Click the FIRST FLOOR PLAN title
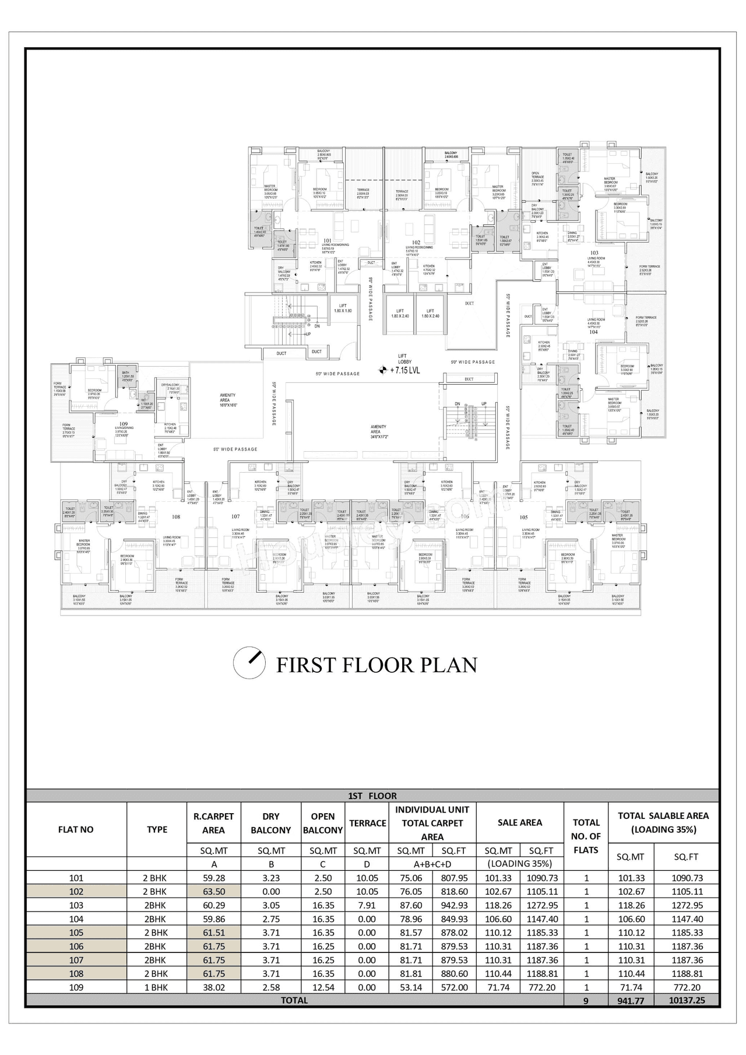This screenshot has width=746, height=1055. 376,665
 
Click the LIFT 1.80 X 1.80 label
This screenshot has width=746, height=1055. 343,308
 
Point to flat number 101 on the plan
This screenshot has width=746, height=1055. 328,240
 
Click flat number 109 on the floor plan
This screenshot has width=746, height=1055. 124,424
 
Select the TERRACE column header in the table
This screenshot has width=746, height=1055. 367,822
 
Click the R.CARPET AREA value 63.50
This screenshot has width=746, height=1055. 213,891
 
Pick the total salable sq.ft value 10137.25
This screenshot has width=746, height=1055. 687,1000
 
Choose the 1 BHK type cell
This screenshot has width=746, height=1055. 156,987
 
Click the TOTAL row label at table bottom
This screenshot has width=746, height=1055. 294,1000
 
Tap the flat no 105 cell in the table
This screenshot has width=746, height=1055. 76,932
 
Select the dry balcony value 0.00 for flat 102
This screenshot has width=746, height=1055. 271,891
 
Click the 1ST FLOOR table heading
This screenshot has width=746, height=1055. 372,796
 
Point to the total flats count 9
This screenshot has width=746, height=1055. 586,1000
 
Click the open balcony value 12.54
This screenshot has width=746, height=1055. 322,987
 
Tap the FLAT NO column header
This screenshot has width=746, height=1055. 76,829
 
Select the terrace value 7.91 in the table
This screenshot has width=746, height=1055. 367,905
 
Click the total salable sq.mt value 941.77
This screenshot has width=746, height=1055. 631,1000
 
